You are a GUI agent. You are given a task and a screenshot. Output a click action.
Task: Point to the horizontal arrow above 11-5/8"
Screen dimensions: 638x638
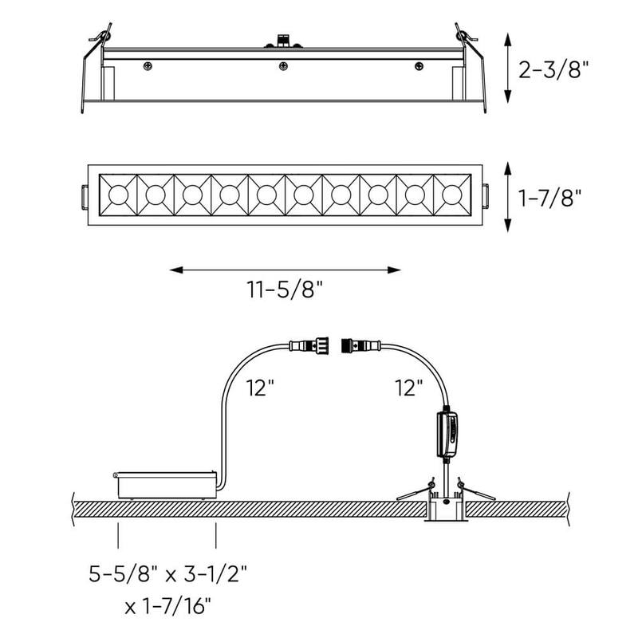click(x=286, y=270)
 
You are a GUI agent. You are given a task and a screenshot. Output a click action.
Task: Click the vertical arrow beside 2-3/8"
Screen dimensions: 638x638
click(x=508, y=69)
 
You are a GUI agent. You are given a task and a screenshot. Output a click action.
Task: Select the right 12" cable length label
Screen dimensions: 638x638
click(x=408, y=388)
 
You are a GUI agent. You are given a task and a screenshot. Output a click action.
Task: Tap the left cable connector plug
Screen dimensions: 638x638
click(x=312, y=346)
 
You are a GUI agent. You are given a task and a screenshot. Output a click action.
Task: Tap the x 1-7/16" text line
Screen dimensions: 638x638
click(x=167, y=607)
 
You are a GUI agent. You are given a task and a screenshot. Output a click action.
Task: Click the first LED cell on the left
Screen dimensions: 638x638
click(x=117, y=194)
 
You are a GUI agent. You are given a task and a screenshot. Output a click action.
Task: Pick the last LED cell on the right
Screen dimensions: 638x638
click(x=451, y=194)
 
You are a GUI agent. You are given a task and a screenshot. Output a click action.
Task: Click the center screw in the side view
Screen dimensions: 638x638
click(x=282, y=65)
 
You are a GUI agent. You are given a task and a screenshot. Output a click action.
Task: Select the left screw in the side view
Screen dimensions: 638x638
click(x=147, y=65)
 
